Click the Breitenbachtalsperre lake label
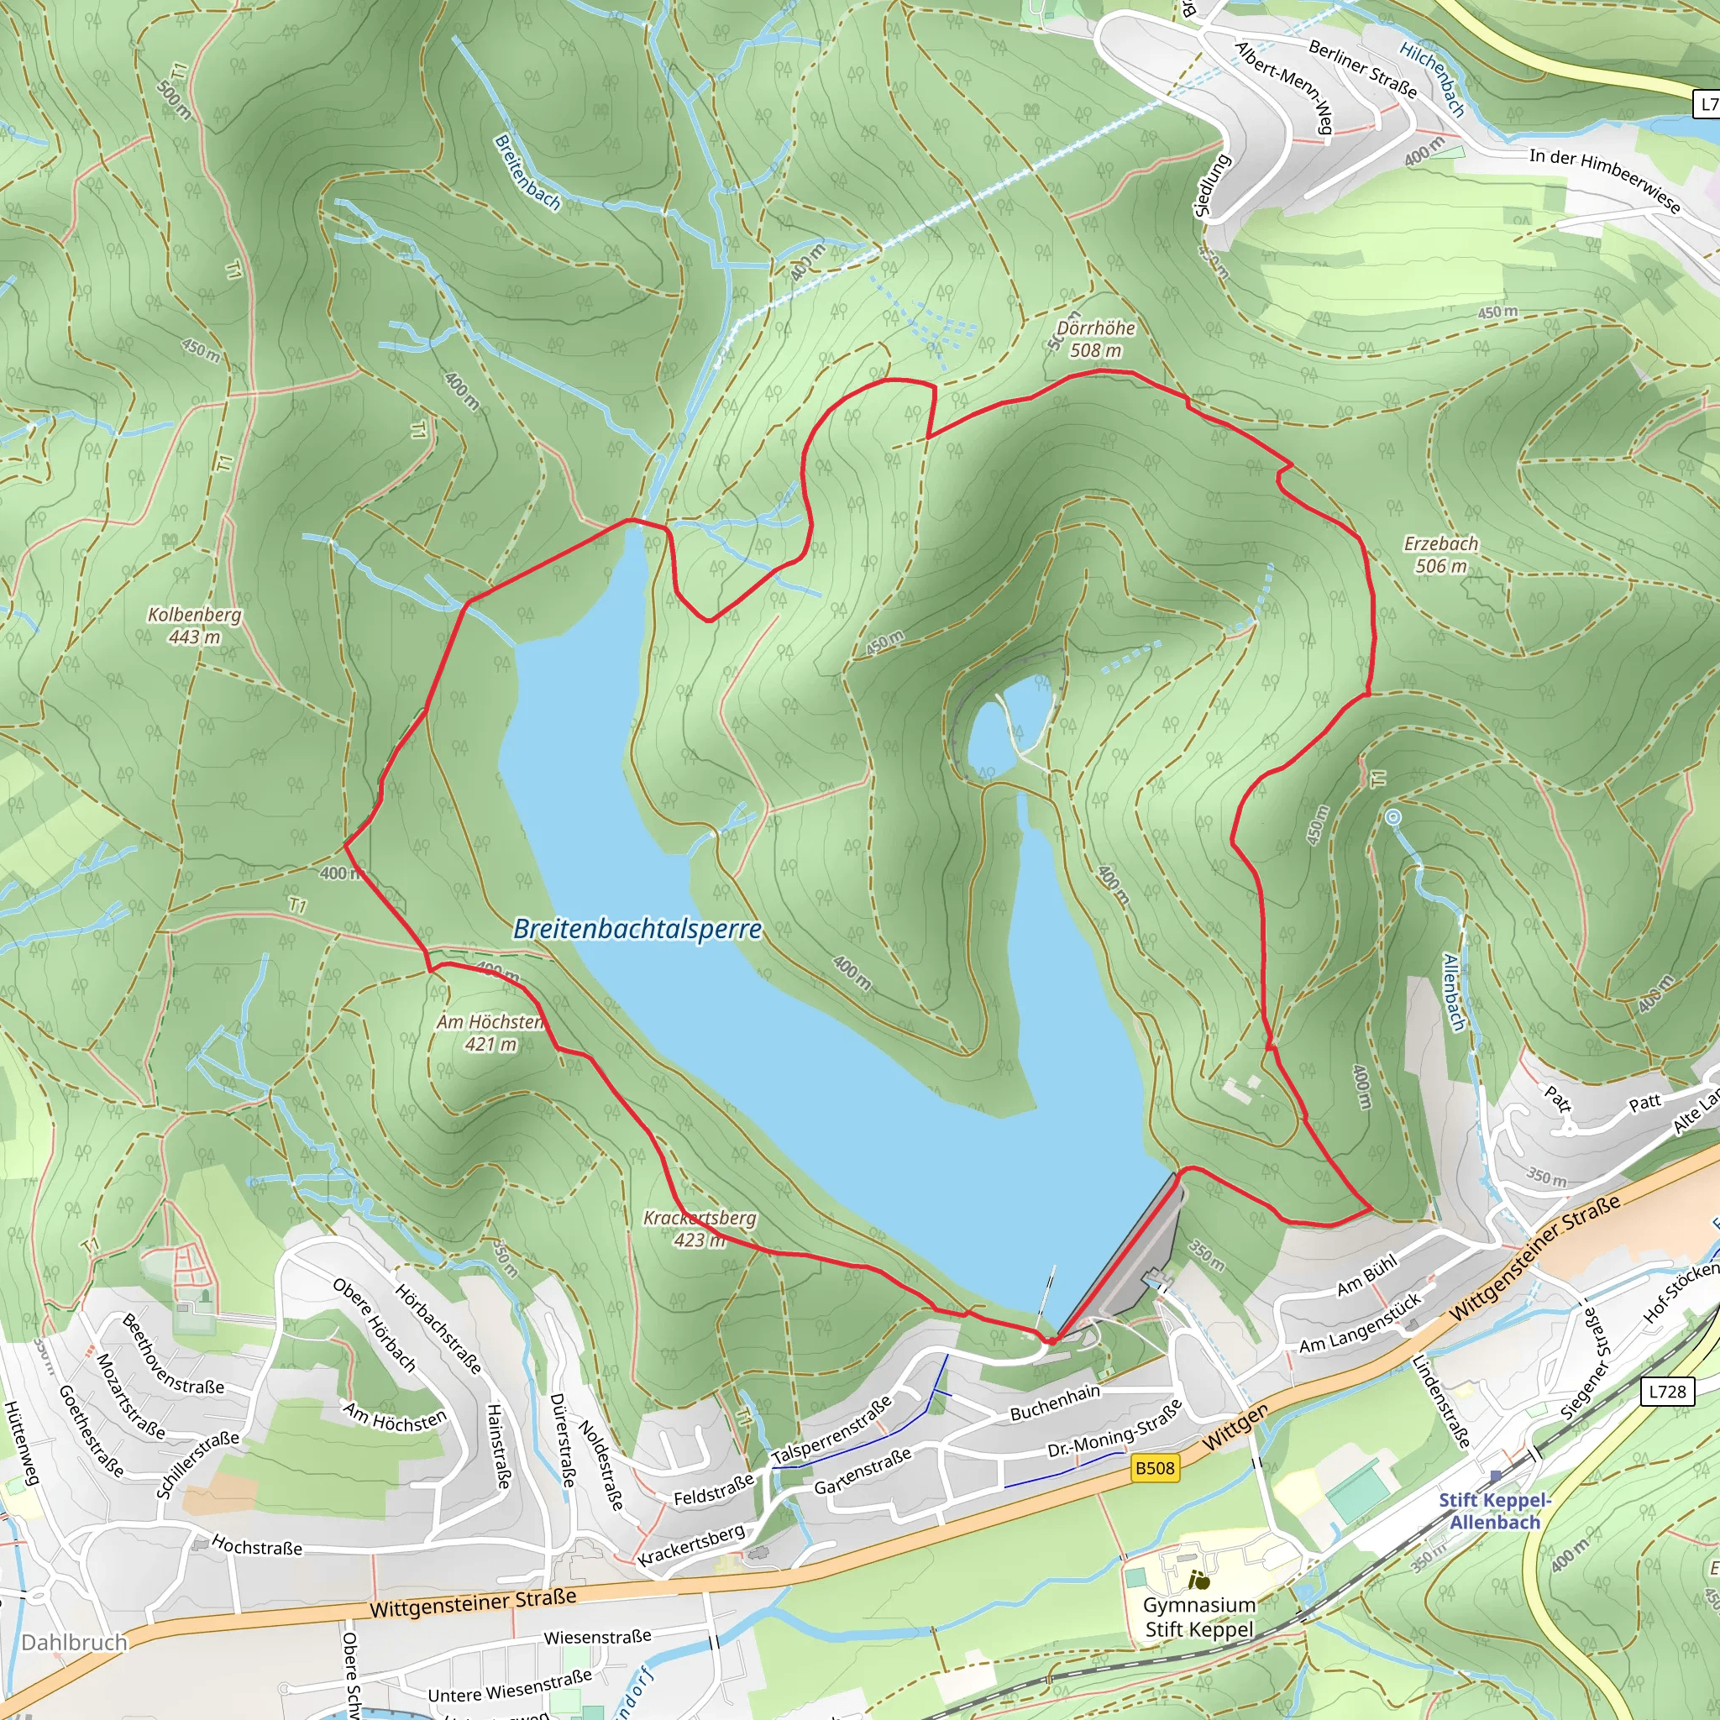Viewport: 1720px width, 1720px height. pos(637,930)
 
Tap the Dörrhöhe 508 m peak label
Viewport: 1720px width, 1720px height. pos(1095,339)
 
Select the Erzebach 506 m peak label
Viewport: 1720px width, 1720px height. pos(1440,554)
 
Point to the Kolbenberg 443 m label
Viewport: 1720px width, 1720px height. pos(194,625)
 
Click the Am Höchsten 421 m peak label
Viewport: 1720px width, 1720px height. pos(490,1033)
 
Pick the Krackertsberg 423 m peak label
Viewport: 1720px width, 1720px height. pos(700,1229)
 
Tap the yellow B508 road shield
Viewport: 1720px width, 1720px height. pos(1155,1467)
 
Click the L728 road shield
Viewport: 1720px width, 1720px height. pos(1666,1392)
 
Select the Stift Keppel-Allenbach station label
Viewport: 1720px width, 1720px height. pos(1495,1511)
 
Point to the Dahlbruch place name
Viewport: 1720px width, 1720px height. pos(75,1643)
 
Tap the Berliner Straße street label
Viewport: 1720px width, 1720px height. pos(1362,70)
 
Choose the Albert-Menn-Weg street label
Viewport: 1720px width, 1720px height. pos(1284,87)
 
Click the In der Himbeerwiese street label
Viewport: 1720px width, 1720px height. pos(1604,181)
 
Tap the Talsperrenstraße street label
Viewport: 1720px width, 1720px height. pos(831,1429)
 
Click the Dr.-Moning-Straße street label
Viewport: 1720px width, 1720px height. pos(1114,1429)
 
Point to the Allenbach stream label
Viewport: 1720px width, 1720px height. pos(1453,992)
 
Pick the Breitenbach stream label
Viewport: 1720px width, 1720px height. pos(527,173)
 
